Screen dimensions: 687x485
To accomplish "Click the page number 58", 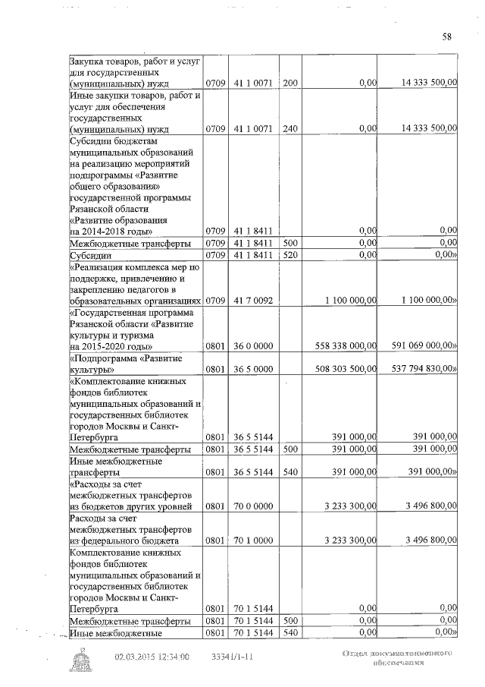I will [446, 36].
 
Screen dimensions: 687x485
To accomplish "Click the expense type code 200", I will [290, 83].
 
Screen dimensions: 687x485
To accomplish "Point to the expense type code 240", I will [290, 129].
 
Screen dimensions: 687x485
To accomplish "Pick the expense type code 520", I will [290, 256].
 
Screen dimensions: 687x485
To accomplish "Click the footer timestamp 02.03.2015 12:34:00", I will [152, 657].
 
